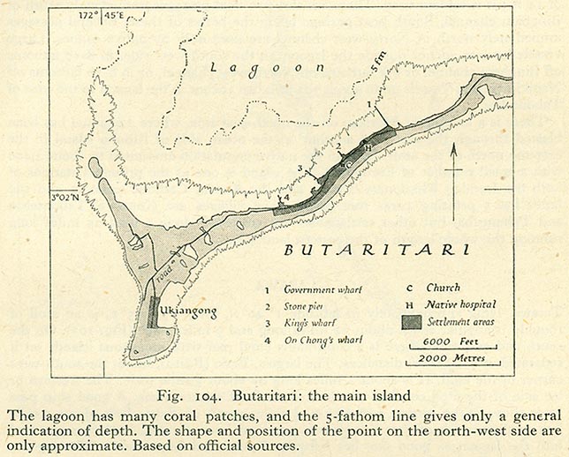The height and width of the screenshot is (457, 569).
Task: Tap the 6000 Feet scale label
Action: click(450, 341)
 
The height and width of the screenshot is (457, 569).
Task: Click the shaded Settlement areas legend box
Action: click(412, 321)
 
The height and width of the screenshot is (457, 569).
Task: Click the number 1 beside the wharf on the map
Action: click(368, 104)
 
